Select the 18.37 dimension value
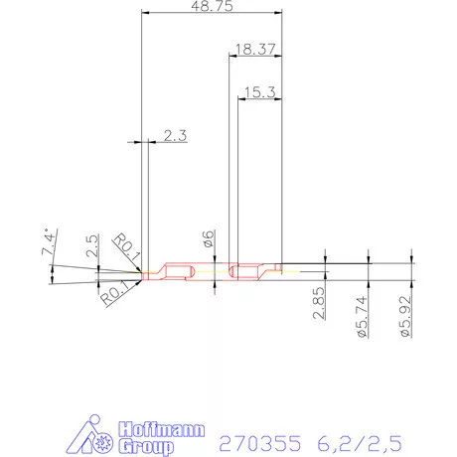pyautogui.click(x=255, y=48)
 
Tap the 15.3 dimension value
pyautogui.click(x=258, y=91)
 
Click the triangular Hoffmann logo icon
pyautogui.click(x=96, y=436)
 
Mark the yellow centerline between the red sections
pyautogui.click(x=204, y=271)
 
